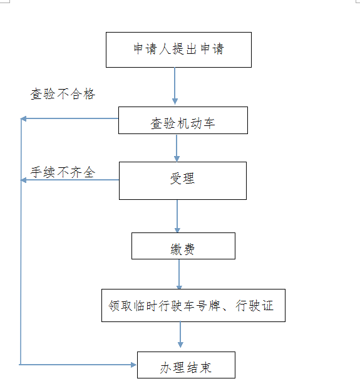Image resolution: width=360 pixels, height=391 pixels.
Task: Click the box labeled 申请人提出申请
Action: (x=178, y=50)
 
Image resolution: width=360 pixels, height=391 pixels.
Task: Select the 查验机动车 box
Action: (x=183, y=120)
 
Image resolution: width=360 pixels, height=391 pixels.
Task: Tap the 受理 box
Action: (x=183, y=180)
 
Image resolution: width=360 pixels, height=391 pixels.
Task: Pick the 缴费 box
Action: (x=183, y=246)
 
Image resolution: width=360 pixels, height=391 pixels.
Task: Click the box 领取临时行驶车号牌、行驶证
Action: (x=193, y=305)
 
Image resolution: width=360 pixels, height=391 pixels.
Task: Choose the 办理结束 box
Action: (x=186, y=365)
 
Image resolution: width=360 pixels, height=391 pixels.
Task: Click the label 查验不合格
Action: (x=63, y=94)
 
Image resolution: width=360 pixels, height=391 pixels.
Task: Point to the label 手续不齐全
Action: (x=63, y=172)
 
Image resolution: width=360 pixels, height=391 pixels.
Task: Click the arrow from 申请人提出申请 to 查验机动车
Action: (x=175, y=86)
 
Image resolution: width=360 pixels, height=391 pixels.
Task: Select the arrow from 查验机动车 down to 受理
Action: (x=177, y=148)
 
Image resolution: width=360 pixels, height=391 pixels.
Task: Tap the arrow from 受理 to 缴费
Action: (x=177, y=216)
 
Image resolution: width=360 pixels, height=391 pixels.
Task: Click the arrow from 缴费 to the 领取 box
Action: (x=179, y=274)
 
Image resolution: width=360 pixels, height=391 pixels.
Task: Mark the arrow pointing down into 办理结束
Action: (x=180, y=335)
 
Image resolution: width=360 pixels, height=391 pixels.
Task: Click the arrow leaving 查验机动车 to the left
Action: (x=69, y=118)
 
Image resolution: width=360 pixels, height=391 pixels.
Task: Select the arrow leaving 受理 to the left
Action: (x=69, y=180)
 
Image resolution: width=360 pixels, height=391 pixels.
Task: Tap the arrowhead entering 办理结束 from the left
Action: (x=133, y=365)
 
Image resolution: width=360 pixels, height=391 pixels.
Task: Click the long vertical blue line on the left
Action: (x=21, y=241)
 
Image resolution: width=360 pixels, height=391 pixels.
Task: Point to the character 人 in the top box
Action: (x=165, y=49)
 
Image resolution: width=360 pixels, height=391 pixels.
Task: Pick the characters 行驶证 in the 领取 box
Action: (x=254, y=306)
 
